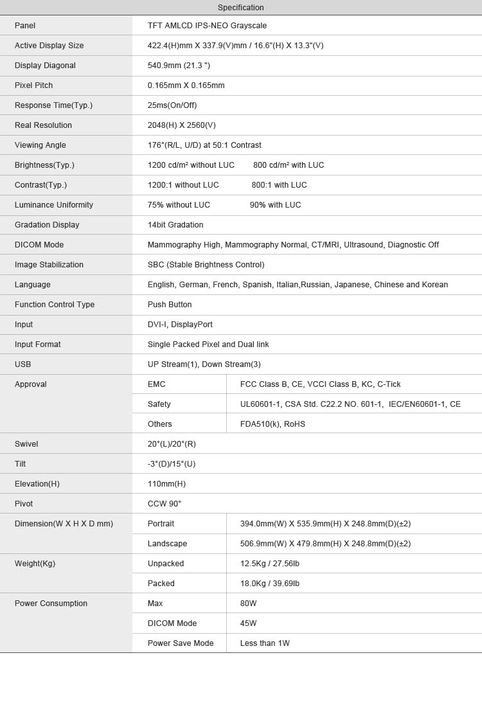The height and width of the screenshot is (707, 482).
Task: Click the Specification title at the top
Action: click(x=240, y=8)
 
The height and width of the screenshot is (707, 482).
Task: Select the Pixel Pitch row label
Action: click(x=34, y=85)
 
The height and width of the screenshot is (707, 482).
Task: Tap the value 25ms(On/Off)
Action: click(x=172, y=105)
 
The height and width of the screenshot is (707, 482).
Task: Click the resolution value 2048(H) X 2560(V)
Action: click(x=182, y=125)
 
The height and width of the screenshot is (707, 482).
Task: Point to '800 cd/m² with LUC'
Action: click(x=289, y=165)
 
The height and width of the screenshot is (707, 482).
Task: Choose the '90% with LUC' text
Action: click(x=275, y=205)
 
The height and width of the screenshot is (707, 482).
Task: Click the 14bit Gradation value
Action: click(x=175, y=225)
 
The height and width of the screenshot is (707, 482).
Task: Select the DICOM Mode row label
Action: click(x=39, y=245)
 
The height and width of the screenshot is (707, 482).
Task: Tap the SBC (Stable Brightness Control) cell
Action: click(x=206, y=265)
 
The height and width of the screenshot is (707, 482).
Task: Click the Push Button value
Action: click(x=170, y=305)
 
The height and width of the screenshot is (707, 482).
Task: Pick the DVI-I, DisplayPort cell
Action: click(x=180, y=325)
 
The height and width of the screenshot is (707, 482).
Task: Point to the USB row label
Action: click(x=23, y=364)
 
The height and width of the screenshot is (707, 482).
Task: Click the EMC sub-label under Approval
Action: click(x=157, y=384)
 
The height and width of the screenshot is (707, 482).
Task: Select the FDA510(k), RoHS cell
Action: click(x=272, y=424)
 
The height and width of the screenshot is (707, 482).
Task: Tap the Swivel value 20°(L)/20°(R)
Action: click(x=172, y=444)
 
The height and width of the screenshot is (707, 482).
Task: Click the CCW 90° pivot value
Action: click(x=165, y=504)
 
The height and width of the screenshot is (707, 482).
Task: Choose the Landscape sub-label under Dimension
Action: click(x=168, y=544)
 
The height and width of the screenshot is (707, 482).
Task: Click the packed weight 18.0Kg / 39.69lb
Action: click(x=270, y=584)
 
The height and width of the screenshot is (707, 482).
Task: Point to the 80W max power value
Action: click(x=248, y=604)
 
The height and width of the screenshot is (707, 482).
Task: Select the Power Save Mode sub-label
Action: click(x=181, y=643)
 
